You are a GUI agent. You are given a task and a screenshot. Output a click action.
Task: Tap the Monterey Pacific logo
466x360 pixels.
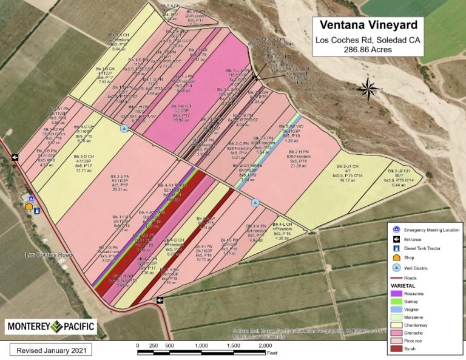point(51,326)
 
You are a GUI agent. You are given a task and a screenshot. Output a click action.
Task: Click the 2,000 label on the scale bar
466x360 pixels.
point(265,345)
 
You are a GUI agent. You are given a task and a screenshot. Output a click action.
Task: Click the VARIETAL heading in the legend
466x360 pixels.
point(405,285)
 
